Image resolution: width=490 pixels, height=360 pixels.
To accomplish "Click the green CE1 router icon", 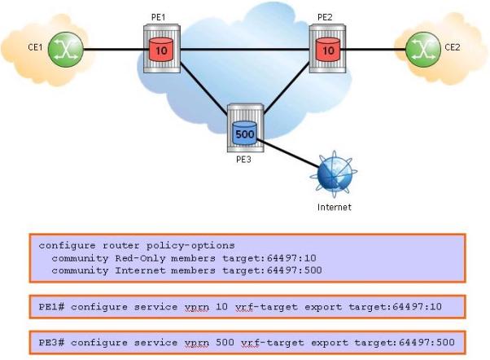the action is (66, 49).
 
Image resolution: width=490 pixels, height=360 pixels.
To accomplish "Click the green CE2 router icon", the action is (423, 49).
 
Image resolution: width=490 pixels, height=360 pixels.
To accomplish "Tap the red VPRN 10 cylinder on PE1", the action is (161, 50).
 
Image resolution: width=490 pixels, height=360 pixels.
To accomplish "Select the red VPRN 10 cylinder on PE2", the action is (328, 50).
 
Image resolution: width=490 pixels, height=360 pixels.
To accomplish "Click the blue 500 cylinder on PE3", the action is (245, 134).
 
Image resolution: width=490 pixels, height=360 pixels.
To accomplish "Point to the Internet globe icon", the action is (334, 174).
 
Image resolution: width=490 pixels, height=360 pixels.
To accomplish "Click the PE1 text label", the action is (158, 17).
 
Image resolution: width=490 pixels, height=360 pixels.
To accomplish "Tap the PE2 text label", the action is (325, 17).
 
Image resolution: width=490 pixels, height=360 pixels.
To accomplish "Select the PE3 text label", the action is (243, 160).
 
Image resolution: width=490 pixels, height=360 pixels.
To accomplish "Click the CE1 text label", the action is (35, 47).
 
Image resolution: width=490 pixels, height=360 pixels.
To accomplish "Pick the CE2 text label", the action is (453, 47).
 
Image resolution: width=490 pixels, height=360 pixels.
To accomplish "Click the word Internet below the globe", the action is (334, 207).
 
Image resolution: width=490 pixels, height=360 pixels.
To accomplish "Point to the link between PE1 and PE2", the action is (245, 49).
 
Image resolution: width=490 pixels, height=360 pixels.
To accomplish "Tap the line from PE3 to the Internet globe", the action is (287, 153).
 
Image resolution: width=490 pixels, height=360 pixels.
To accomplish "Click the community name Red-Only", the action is (140, 258).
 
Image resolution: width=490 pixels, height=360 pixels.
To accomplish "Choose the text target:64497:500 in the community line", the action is (272, 270).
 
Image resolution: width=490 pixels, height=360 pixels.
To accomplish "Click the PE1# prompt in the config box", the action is (51, 307).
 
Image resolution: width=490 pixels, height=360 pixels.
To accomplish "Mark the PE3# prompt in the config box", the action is (51, 342).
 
